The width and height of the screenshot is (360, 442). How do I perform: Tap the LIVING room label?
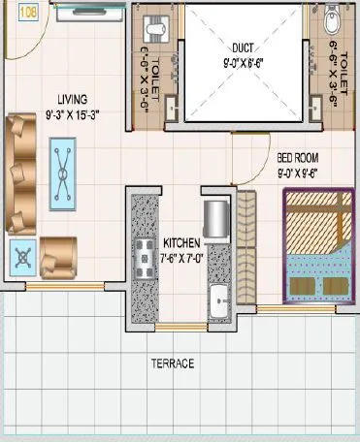71,98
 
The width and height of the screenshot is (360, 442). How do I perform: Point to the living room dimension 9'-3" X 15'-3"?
71,114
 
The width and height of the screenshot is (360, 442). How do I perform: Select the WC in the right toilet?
334,19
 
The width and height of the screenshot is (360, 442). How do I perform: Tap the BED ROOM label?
298,157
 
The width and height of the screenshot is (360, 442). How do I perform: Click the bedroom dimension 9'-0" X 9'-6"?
298,173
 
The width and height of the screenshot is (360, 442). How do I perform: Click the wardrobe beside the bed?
245,246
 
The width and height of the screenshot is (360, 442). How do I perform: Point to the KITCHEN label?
183,243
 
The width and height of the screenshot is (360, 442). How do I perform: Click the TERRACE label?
172,363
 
